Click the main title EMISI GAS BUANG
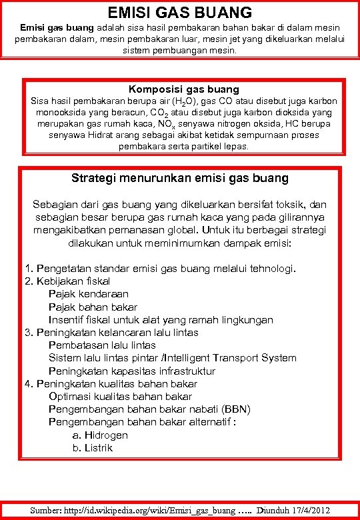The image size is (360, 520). [180, 12]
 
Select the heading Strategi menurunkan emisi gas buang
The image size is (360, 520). [180, 178]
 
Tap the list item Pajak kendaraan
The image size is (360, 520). [89, 294]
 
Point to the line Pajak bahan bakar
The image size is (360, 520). [93, 307]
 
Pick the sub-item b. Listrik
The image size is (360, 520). [93, 447]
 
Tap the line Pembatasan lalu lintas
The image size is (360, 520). [102, 345]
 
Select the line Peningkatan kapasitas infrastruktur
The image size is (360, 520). [132, 371]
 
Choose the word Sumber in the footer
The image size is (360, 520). [47, 511]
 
